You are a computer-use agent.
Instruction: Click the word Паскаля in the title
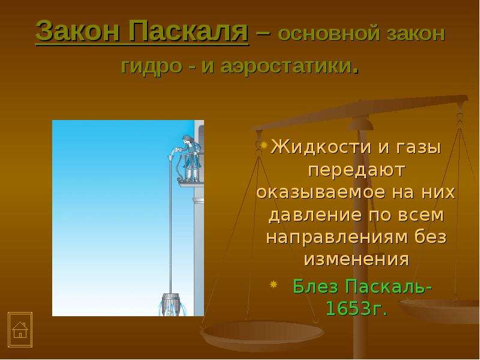(188, 31)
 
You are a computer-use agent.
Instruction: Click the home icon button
(20, 329)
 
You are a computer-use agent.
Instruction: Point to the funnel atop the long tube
(171, 159)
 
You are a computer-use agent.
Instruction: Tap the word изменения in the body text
(356, 259)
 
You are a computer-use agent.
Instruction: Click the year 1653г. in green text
(356, 308)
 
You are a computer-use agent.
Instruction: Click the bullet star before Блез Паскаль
(274, 285)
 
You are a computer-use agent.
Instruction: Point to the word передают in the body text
(356, 170)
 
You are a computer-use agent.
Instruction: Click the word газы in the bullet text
(419, 148)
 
